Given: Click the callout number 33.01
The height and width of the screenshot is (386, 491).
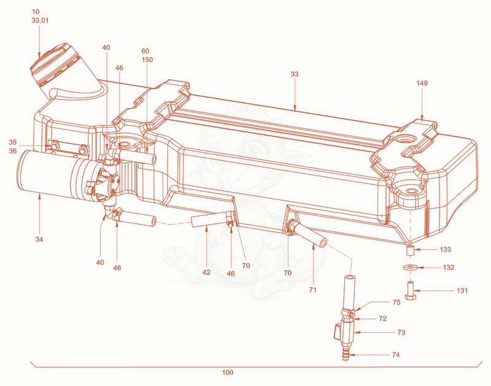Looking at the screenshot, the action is click(40, 21).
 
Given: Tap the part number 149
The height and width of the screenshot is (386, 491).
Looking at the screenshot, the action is click(422, 83).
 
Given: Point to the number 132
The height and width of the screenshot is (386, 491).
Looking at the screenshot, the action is click(449, 268).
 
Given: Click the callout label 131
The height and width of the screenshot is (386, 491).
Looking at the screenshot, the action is click(462, 290).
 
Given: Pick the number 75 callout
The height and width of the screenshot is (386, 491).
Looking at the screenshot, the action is click(396, 303).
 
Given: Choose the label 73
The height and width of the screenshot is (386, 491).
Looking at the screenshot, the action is click(401, 333).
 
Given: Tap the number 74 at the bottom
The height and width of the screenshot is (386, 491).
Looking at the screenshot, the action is click(396, 355).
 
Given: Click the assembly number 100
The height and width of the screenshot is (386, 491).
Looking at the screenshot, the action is click(228, 372).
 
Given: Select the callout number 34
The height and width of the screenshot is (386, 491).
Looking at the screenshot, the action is click(39, 239).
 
